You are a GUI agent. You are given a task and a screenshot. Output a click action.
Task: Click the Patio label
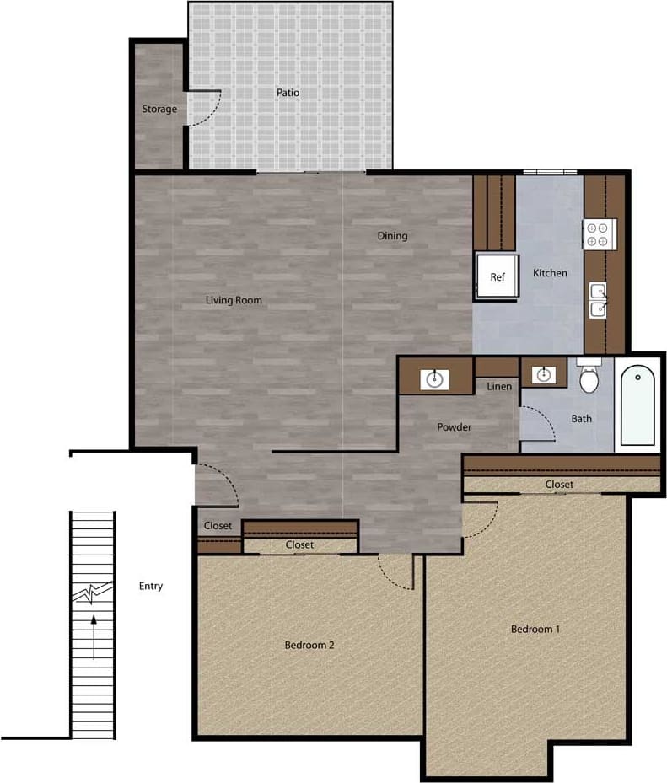click(x=288, y=93)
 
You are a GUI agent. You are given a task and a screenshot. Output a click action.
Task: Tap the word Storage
click(x=159, y=109)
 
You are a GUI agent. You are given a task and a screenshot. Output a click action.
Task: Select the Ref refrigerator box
click(x=498, y=276)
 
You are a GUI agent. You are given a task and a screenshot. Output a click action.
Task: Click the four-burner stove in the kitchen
click(x=600, y=233)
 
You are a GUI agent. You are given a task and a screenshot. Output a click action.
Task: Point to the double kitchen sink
click(x=598, y=299)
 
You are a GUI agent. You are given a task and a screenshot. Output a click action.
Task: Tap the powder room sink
click(x=435, y=379)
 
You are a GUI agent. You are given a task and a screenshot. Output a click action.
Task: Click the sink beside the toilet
click(x=543, y=373)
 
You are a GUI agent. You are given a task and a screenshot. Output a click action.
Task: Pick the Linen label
click(x=499, y=386)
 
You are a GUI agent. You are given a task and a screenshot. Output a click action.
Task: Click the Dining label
click(x=392, y=236)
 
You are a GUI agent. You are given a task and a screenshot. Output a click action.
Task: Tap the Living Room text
click(x=234, y=300)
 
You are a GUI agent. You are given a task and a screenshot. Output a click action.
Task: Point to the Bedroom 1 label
click(x=535, y=629)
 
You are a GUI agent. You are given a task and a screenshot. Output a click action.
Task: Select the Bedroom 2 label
click(x=309, y=646)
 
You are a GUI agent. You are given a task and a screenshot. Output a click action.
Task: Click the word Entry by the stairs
click(x=151, y=586)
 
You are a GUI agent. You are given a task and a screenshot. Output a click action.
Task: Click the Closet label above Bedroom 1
click(x=559, y=485)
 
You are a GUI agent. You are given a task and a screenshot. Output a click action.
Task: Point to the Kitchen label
click(x=550, y=273)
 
